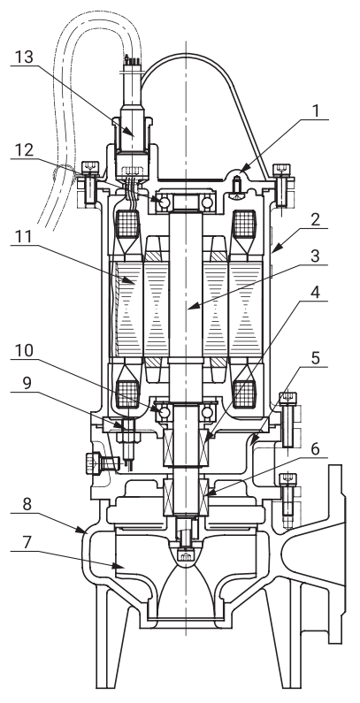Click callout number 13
coord(24,57)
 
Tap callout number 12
coord(23,150)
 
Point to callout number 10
coord(24,351)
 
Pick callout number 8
coord(27,504)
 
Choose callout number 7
coord(27,542)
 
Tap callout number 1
coord(317,111)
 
